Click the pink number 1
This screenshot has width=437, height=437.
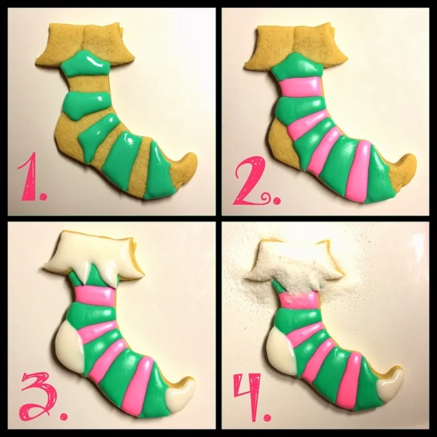(29, 177)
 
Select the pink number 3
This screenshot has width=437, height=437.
(39, 396)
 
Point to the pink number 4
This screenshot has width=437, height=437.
(247, 396)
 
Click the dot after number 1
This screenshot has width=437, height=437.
(43, 197)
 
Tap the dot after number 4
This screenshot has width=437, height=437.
(267, 417)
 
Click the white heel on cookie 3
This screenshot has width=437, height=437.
(70, 346)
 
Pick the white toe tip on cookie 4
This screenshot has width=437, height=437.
(390, 384)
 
